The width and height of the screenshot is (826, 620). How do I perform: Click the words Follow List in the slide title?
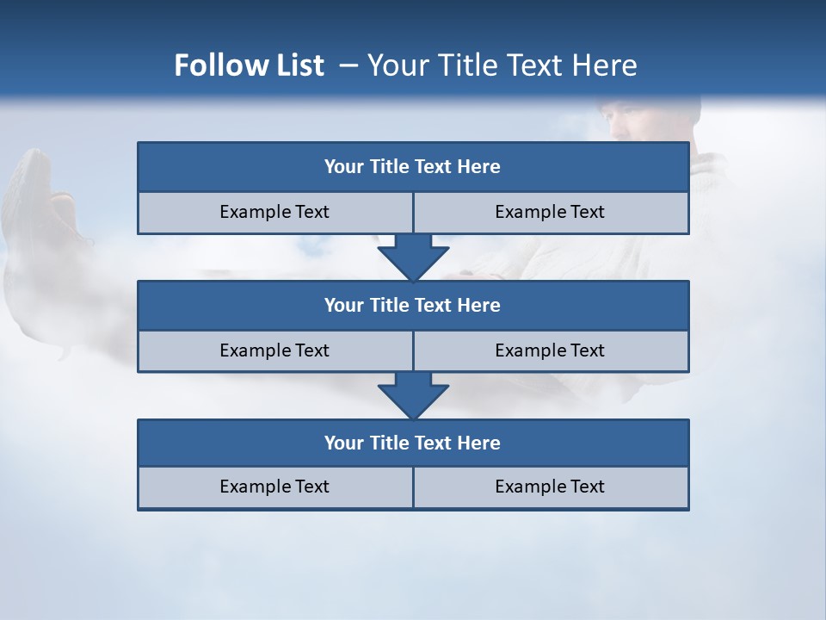tap(249, 65)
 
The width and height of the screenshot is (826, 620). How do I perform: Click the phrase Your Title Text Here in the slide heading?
tap(502, 65)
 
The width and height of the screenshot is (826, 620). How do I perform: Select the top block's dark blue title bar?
tap(413, 167)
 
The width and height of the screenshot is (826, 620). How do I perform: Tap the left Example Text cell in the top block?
tap(274, 213)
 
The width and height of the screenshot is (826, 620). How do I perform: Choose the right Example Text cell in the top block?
tap(550, 213)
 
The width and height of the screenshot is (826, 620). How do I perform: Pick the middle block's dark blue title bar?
tap(413, 306)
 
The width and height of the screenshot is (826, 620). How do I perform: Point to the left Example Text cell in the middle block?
tap(274, 351)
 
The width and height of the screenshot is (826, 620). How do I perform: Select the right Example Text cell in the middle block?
tap(550, 351)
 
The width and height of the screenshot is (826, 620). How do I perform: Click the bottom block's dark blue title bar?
tap(413, 443)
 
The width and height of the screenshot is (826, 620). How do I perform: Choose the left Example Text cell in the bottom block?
tap(274, 487)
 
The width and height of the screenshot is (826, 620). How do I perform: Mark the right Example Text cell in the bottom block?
tap(550, 487)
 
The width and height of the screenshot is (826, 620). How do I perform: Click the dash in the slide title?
tap(349, 65)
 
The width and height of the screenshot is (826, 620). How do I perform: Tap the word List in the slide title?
tap(299, 65)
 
